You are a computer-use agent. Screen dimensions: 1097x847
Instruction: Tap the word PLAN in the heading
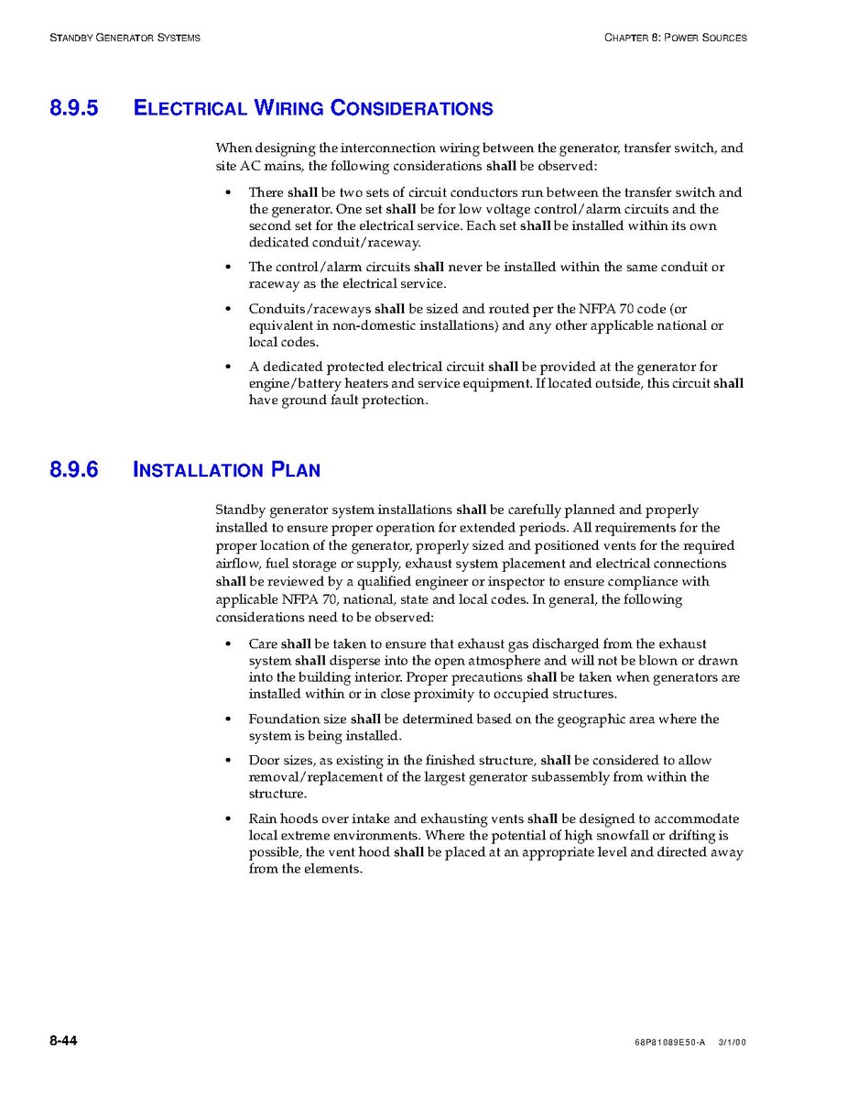(296, 470)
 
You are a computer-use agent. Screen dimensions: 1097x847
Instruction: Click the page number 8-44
(63, 1041)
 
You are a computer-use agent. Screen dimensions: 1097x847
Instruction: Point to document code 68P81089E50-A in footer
(668, 1043)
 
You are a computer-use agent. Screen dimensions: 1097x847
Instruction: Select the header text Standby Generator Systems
(125, 38)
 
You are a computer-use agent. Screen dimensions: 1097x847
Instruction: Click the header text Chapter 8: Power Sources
(676, 38)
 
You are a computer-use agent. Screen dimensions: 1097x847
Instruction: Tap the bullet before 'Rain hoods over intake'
(228, 819)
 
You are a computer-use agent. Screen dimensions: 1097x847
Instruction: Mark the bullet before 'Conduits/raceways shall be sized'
(228, 310)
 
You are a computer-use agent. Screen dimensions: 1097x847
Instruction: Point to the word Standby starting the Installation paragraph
(241, 510)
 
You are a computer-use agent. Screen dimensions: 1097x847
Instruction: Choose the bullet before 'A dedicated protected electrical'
(228, 367)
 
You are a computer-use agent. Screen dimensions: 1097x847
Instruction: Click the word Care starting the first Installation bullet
(263, 644)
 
